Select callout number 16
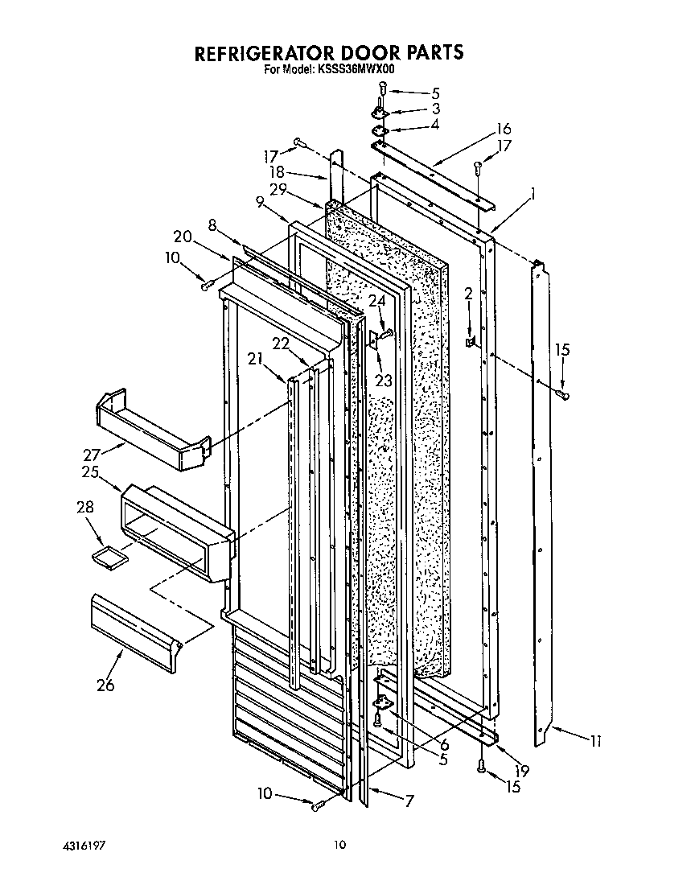pyautogui.click(x=504, y=129)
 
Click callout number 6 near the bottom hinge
pyautogui.click(x=443, y=745)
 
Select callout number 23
pyautogui.click(x=384, y=381)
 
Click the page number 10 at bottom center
pyautogui.click(x=340, y=845)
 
